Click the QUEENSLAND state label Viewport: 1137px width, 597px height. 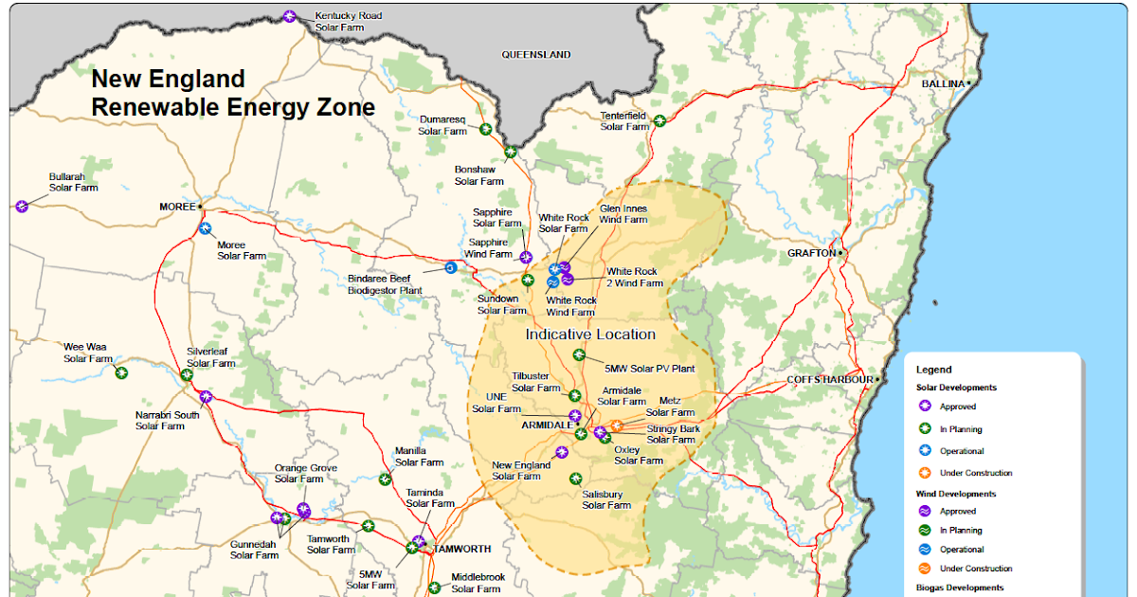pos(535,55)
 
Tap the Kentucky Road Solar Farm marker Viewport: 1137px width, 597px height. pos(290,16)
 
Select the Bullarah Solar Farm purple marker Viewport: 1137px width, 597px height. pos(22,206)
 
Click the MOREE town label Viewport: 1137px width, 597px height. pos(176,206)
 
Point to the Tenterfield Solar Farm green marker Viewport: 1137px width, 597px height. pos(659,120)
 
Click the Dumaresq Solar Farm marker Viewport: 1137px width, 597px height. pos(486,129)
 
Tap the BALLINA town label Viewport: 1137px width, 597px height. pos(943,83)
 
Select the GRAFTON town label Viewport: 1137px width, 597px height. pos(812,253)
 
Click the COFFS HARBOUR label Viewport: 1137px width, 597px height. pos(830,380)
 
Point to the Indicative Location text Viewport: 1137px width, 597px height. pos(590,335)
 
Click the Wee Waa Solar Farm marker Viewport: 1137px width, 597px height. pos(121,372)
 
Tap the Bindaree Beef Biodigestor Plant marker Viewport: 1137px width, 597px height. pos(451,268)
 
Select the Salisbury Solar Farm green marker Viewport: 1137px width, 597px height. pos(574,479)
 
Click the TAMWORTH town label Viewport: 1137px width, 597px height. pos(462,550)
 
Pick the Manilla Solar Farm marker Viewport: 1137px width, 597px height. pos(385,479)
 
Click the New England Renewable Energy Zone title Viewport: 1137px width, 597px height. pos(232,93)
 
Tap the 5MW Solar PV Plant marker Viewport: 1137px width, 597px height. pos(580,355)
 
